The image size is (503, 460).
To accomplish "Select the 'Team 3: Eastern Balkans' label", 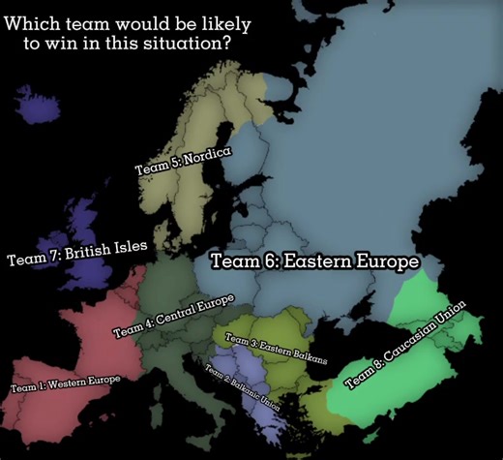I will [276, 348].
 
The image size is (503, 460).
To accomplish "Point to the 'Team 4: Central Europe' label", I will [174, 316].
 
